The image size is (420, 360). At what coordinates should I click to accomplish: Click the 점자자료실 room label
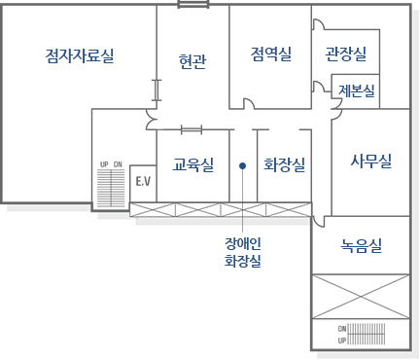click(x=80, y=55)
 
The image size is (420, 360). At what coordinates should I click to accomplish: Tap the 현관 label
click(x=192, y=62)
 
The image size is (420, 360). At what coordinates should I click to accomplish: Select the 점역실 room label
click(x=270, y=54)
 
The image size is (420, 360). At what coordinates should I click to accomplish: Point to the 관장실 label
click(x=345, y=54)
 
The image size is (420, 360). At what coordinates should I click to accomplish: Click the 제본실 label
click(x=358, y=90)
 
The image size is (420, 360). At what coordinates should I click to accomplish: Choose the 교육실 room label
click(x=192, y=164)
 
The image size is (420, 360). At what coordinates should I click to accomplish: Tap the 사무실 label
click(x=370, y=161)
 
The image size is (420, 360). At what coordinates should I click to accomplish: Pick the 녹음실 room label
click(x=362, y=245)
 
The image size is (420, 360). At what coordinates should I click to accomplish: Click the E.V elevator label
click(x=144, y=181)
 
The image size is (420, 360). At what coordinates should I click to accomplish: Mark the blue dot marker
click(x=242, y=165)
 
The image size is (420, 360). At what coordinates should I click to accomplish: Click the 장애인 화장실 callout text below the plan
click(x=243, y=251)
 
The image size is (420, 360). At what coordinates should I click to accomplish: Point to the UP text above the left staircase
click(x=104, y=164)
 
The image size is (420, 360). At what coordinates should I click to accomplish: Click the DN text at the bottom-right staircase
click(x=342, y=329)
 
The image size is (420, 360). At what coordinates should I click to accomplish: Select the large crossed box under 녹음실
click(x=360, y=295)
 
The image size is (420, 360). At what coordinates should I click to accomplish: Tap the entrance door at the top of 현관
click(x=192, y=5)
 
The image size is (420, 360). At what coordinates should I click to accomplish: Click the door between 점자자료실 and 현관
click(x=157, y=90)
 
